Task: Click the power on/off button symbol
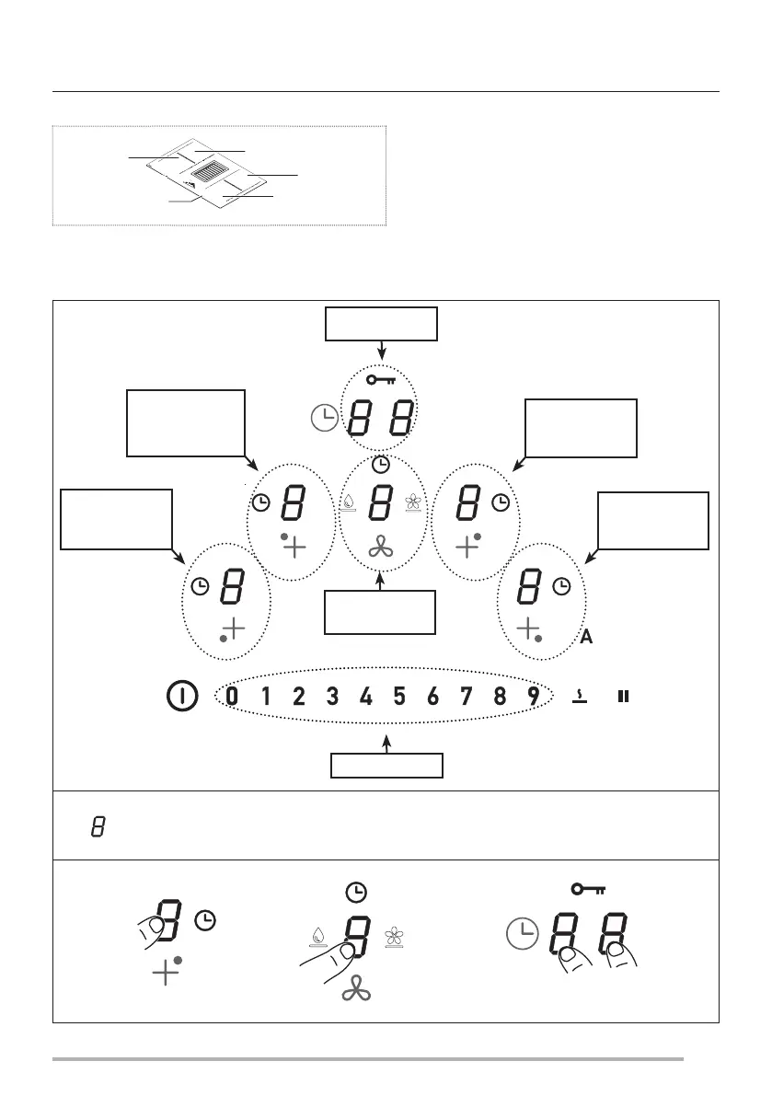click(181, 697)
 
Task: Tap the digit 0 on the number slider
click(231, 697)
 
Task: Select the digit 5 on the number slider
click(399, 697)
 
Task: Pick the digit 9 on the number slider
click(534, 697)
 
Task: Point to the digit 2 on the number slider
click(299, 697)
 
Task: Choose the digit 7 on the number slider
click(467, 697)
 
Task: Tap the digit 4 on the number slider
click(365, 697)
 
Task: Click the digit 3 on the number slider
click(332, 697)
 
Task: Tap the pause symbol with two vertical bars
click(623, 697)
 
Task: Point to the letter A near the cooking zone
click(586, 638)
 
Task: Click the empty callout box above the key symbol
click(380, 324)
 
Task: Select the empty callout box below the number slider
click(386, 766)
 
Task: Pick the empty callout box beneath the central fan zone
click(379, 612)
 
